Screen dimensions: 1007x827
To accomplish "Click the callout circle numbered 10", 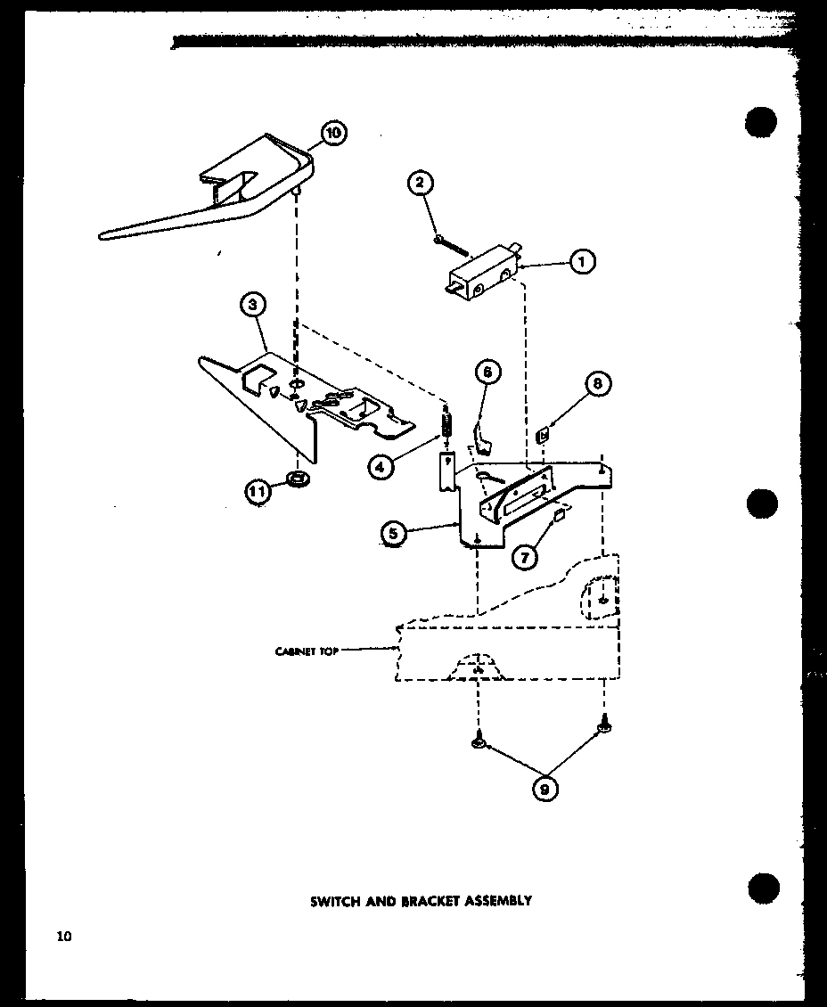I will point(332,134).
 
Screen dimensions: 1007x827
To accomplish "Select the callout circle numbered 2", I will point(421,184).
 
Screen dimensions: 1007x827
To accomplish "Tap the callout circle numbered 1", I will point(582,262).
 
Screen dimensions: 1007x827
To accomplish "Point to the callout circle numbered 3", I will point(253,305).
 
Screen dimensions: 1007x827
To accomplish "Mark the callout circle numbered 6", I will point(488,371).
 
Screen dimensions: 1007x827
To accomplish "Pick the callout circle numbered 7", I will point(525,557).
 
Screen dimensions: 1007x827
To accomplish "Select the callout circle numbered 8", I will point(596,384).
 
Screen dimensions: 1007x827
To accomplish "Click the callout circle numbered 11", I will point(258,492).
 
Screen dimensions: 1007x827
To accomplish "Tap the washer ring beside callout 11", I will point(299,480).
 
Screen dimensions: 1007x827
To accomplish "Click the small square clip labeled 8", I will point(541,435).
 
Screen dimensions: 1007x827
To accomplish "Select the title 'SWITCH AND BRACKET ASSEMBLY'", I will point(421,900).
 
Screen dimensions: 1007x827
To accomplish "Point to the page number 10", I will point(63,936).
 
